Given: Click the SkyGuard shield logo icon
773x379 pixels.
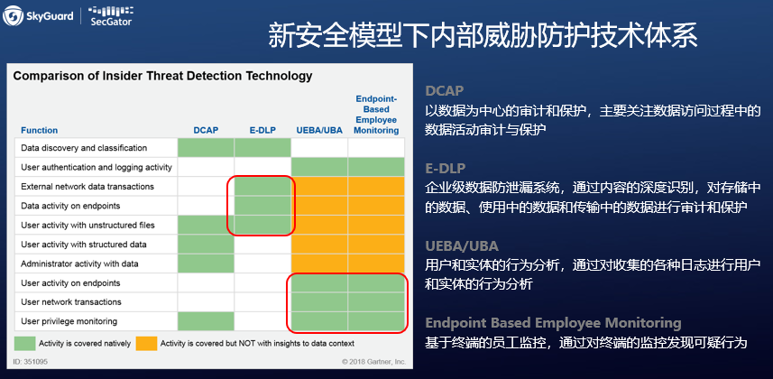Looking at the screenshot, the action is coord(13,15).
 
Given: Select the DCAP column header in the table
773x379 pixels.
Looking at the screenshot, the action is coord(206,130).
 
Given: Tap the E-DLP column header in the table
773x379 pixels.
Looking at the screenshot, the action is coord(262,130).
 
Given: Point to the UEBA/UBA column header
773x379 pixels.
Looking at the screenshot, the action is coord(319,130).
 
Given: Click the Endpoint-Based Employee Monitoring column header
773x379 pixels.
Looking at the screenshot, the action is coord(376,115).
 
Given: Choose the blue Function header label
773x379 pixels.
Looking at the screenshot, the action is coord(39,130).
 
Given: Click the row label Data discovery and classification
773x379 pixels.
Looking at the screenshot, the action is coord(84,148).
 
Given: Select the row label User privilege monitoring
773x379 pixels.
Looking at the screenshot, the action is coord(69,322).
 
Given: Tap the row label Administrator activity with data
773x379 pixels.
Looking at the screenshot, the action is coord(79,264).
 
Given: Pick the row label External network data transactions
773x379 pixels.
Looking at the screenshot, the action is coord(87,187).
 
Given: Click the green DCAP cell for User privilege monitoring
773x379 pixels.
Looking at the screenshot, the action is coord(206,321).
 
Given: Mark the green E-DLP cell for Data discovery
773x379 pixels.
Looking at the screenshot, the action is coord(262,148).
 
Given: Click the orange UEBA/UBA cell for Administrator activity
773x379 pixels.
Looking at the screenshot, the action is coord(319,263).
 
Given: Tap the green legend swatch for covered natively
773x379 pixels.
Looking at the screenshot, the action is coord(24,344).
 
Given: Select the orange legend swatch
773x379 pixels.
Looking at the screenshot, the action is coord(146,344).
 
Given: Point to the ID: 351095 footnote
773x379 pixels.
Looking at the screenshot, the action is coord(31,362).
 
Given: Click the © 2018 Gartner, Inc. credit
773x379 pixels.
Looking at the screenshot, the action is coord(373,362).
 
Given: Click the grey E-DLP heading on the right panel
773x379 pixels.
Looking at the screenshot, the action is coord(446,169).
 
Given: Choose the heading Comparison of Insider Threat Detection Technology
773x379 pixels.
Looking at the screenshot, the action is coord(162,76).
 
